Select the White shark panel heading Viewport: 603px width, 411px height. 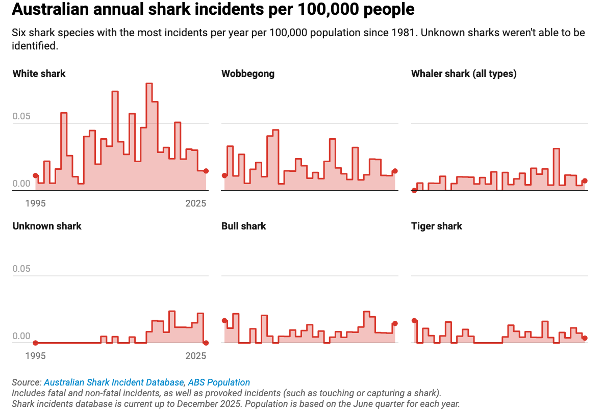tap(39, 73)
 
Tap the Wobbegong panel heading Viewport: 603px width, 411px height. tap(248, 73)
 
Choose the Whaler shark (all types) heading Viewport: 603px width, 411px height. tap(464, 73)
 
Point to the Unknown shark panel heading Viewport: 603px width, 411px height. tap(47, 226)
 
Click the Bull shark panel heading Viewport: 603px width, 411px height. tap(244, 226)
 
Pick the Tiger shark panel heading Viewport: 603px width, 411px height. tap(437, 226)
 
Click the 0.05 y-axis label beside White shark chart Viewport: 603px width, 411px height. tap(21, 117)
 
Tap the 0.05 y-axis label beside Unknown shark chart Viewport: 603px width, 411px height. tap(21, 269)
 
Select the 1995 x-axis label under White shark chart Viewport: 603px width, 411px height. tap(36, 203)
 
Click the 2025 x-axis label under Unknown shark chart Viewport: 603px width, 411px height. tap(196, 356)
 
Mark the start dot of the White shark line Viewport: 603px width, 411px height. tap(36, 175)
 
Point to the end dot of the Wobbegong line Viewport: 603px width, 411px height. tap(395, 171)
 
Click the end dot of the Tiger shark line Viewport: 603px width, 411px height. tap(585, 338)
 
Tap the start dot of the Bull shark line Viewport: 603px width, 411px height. tap(224, 321)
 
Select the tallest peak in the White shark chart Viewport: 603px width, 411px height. tap(149, 84)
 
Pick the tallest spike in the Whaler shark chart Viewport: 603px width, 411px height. tap(556, 149)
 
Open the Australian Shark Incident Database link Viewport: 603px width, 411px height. tap(114, 382)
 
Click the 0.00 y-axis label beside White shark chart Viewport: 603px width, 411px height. tap(21, 184)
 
